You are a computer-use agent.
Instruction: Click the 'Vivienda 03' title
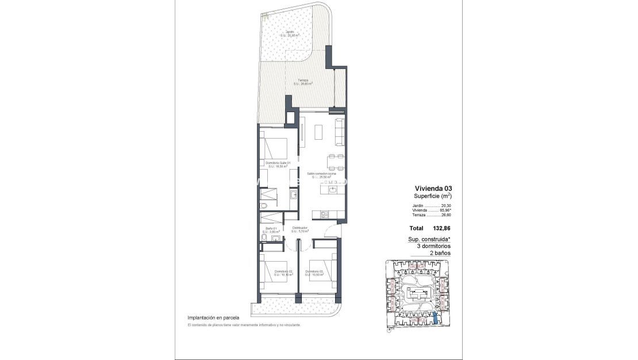tap(433, 188)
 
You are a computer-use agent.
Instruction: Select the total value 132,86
tap(440, 228)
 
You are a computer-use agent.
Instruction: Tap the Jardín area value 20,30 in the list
tap(447, 205)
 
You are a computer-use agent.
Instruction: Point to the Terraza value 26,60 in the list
tap(447, 215)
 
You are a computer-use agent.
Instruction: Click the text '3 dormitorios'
tap(433, 246)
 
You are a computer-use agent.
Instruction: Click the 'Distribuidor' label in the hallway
tap(299, 228)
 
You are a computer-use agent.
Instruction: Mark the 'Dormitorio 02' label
tap(283, 271)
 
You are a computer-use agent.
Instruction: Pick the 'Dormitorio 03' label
tap(314, 271)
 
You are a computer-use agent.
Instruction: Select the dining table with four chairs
tap(336, 162)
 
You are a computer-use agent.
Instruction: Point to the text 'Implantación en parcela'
tap(213, 317)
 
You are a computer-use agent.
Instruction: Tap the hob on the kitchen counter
tap(325, 215)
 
